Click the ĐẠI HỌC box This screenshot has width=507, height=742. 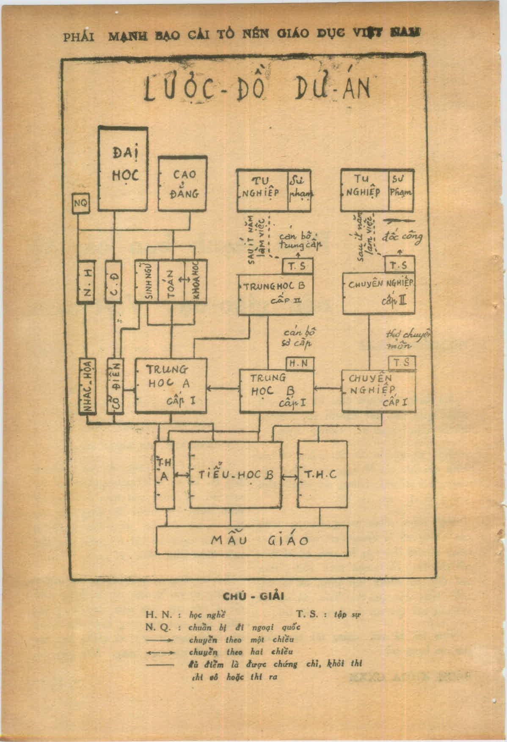pos(123,168)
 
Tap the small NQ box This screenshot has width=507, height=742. pos(80,204)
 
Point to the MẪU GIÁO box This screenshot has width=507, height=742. pos(252,541)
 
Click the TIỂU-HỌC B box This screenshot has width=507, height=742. pos(236,475)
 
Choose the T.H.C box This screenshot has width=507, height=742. pos(322,475)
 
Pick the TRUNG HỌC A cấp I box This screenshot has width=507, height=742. pos(171,385)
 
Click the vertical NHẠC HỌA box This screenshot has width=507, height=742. pos(87,386)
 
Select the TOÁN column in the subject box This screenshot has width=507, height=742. pos(171,281)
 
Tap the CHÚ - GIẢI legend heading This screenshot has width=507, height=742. pos(253,596)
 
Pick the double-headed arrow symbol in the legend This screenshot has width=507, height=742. pos(160,652)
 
